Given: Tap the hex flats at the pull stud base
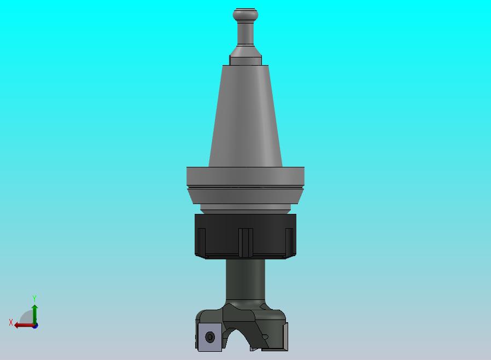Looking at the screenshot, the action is coord(245,60).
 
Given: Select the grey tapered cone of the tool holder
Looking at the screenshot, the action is coord(245,116).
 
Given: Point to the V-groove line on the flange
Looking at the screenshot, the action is coord(245,188).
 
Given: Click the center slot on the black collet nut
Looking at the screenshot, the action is coord(246,242).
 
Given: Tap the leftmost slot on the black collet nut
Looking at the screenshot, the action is coord(202,241).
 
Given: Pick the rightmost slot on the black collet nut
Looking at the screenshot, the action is coord(289,241).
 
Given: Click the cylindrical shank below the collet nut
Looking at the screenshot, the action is coord(245,282).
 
